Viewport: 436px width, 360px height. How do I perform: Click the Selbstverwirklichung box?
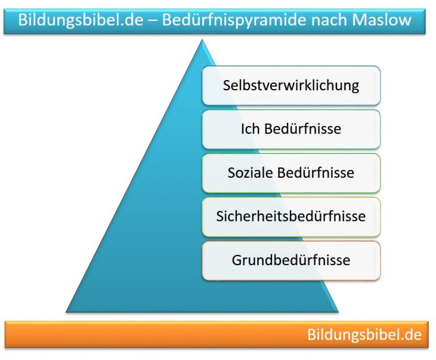[291, 86]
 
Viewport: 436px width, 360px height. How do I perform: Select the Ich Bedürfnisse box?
[291, 129]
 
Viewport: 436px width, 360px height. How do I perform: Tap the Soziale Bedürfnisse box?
[291, 173]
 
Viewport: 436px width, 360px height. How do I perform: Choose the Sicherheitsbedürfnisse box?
[291, 216]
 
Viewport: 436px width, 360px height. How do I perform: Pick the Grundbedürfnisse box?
[291, 261]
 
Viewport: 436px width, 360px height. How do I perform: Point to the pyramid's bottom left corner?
[67, 312]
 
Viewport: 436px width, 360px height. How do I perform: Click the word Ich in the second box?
[250, 129]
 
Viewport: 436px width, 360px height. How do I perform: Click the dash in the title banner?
[147, 21]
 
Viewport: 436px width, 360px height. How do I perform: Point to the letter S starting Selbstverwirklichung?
[227, 86]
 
